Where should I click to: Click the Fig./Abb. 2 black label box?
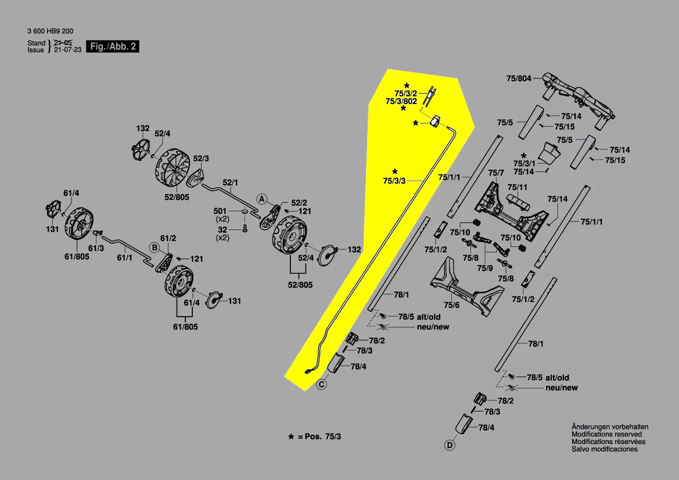click(112, 46)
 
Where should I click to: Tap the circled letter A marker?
click(262, 199)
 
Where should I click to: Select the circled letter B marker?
click(155, 248)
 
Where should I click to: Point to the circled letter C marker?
click(322, 384)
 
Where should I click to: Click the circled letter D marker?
click(449, 446)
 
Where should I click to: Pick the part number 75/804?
click(518, 78)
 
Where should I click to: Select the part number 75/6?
click(451, 305)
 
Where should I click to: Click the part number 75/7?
click(496, 173)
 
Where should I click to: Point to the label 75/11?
click(517, 187)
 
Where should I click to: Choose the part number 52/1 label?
click(231, 182)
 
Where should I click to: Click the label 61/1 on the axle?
click(125, 257)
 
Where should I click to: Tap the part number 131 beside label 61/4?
click(234, 301)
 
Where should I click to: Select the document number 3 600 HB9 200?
click(50, 31)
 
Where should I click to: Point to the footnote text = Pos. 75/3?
click(319, 436)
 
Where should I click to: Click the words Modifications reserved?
click(606, 434)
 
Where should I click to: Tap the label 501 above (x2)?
click(220, 211)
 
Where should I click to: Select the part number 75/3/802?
click(401, 101)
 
